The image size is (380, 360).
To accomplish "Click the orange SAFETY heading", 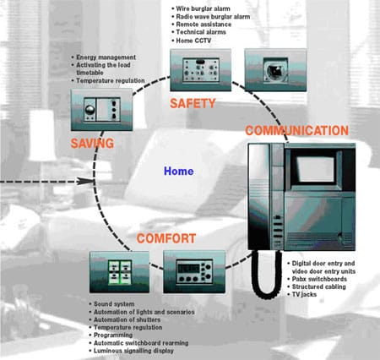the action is (193, 103).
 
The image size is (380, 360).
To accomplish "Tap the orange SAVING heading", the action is (92, 143).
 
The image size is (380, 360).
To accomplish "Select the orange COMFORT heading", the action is (166, 238).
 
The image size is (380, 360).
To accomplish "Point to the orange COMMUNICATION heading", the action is (297, 131).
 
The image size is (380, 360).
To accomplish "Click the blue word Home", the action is (179, 171).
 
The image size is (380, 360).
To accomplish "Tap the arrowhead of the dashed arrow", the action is (86, 181).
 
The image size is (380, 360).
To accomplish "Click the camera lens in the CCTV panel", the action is (274, 70).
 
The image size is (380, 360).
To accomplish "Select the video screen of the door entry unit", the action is (316, 168).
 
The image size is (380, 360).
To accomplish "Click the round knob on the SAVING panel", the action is (90, 109).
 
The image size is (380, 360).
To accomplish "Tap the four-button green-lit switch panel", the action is (120, 272).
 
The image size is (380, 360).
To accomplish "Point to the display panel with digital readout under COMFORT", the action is (194, 272).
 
